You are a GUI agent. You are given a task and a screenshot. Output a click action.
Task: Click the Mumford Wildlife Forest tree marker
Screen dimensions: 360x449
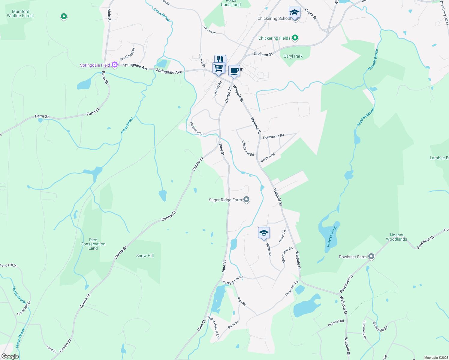point(64,16)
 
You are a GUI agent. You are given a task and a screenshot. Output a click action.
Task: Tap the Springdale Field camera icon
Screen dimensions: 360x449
point(114,65)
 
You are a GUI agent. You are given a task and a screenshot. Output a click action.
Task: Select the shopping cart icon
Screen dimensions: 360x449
point(218,68)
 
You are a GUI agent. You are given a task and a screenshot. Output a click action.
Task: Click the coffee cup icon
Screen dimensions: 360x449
point(234,71)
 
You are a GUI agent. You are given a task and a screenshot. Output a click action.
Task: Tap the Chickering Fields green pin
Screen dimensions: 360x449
point(295,38)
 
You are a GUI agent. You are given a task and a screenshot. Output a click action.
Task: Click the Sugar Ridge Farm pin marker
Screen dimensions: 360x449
point(246,199)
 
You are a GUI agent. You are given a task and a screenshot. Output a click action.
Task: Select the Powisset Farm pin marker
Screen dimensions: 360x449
point(371,256)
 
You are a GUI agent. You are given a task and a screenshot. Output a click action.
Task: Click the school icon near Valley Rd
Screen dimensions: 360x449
point(264,233)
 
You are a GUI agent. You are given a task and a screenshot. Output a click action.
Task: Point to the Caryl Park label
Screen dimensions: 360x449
point(293,56)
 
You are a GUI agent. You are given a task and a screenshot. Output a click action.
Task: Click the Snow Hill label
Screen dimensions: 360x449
point(145,256)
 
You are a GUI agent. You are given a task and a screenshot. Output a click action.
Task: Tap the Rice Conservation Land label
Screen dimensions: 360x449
point(93,244)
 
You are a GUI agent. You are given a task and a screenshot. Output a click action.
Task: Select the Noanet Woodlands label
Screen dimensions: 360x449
point(396,237)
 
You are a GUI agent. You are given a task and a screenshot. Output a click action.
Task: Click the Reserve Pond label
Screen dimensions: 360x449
point(332,236)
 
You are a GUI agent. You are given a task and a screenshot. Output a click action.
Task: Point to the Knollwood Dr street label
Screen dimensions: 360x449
point(197,129)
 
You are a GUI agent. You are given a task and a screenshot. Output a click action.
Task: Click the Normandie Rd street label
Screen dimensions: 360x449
point(273,136)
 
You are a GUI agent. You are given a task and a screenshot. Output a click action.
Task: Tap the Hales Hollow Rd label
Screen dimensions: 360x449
point(213,327)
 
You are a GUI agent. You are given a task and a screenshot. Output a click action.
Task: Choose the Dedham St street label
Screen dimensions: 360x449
point(263,54)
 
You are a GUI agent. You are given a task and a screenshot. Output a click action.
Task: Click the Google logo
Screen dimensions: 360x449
point(10,356)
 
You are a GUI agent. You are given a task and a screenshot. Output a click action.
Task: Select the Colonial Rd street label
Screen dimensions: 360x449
point(336,323)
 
